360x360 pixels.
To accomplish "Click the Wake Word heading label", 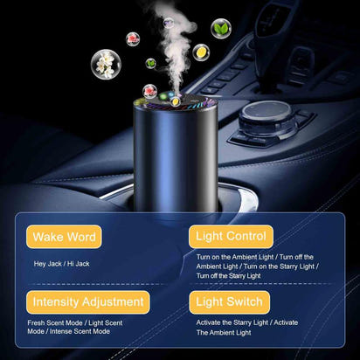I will (x=65, y=236).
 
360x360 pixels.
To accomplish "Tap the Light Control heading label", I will (x=231, y=236).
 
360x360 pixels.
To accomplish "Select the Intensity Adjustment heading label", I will (x=87, y=302).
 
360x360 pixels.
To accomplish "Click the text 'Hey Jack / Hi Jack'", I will (x=62, y=263).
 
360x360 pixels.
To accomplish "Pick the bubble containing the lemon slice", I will (x=201, y=52).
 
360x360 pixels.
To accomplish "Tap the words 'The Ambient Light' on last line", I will (x=225, y=333).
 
